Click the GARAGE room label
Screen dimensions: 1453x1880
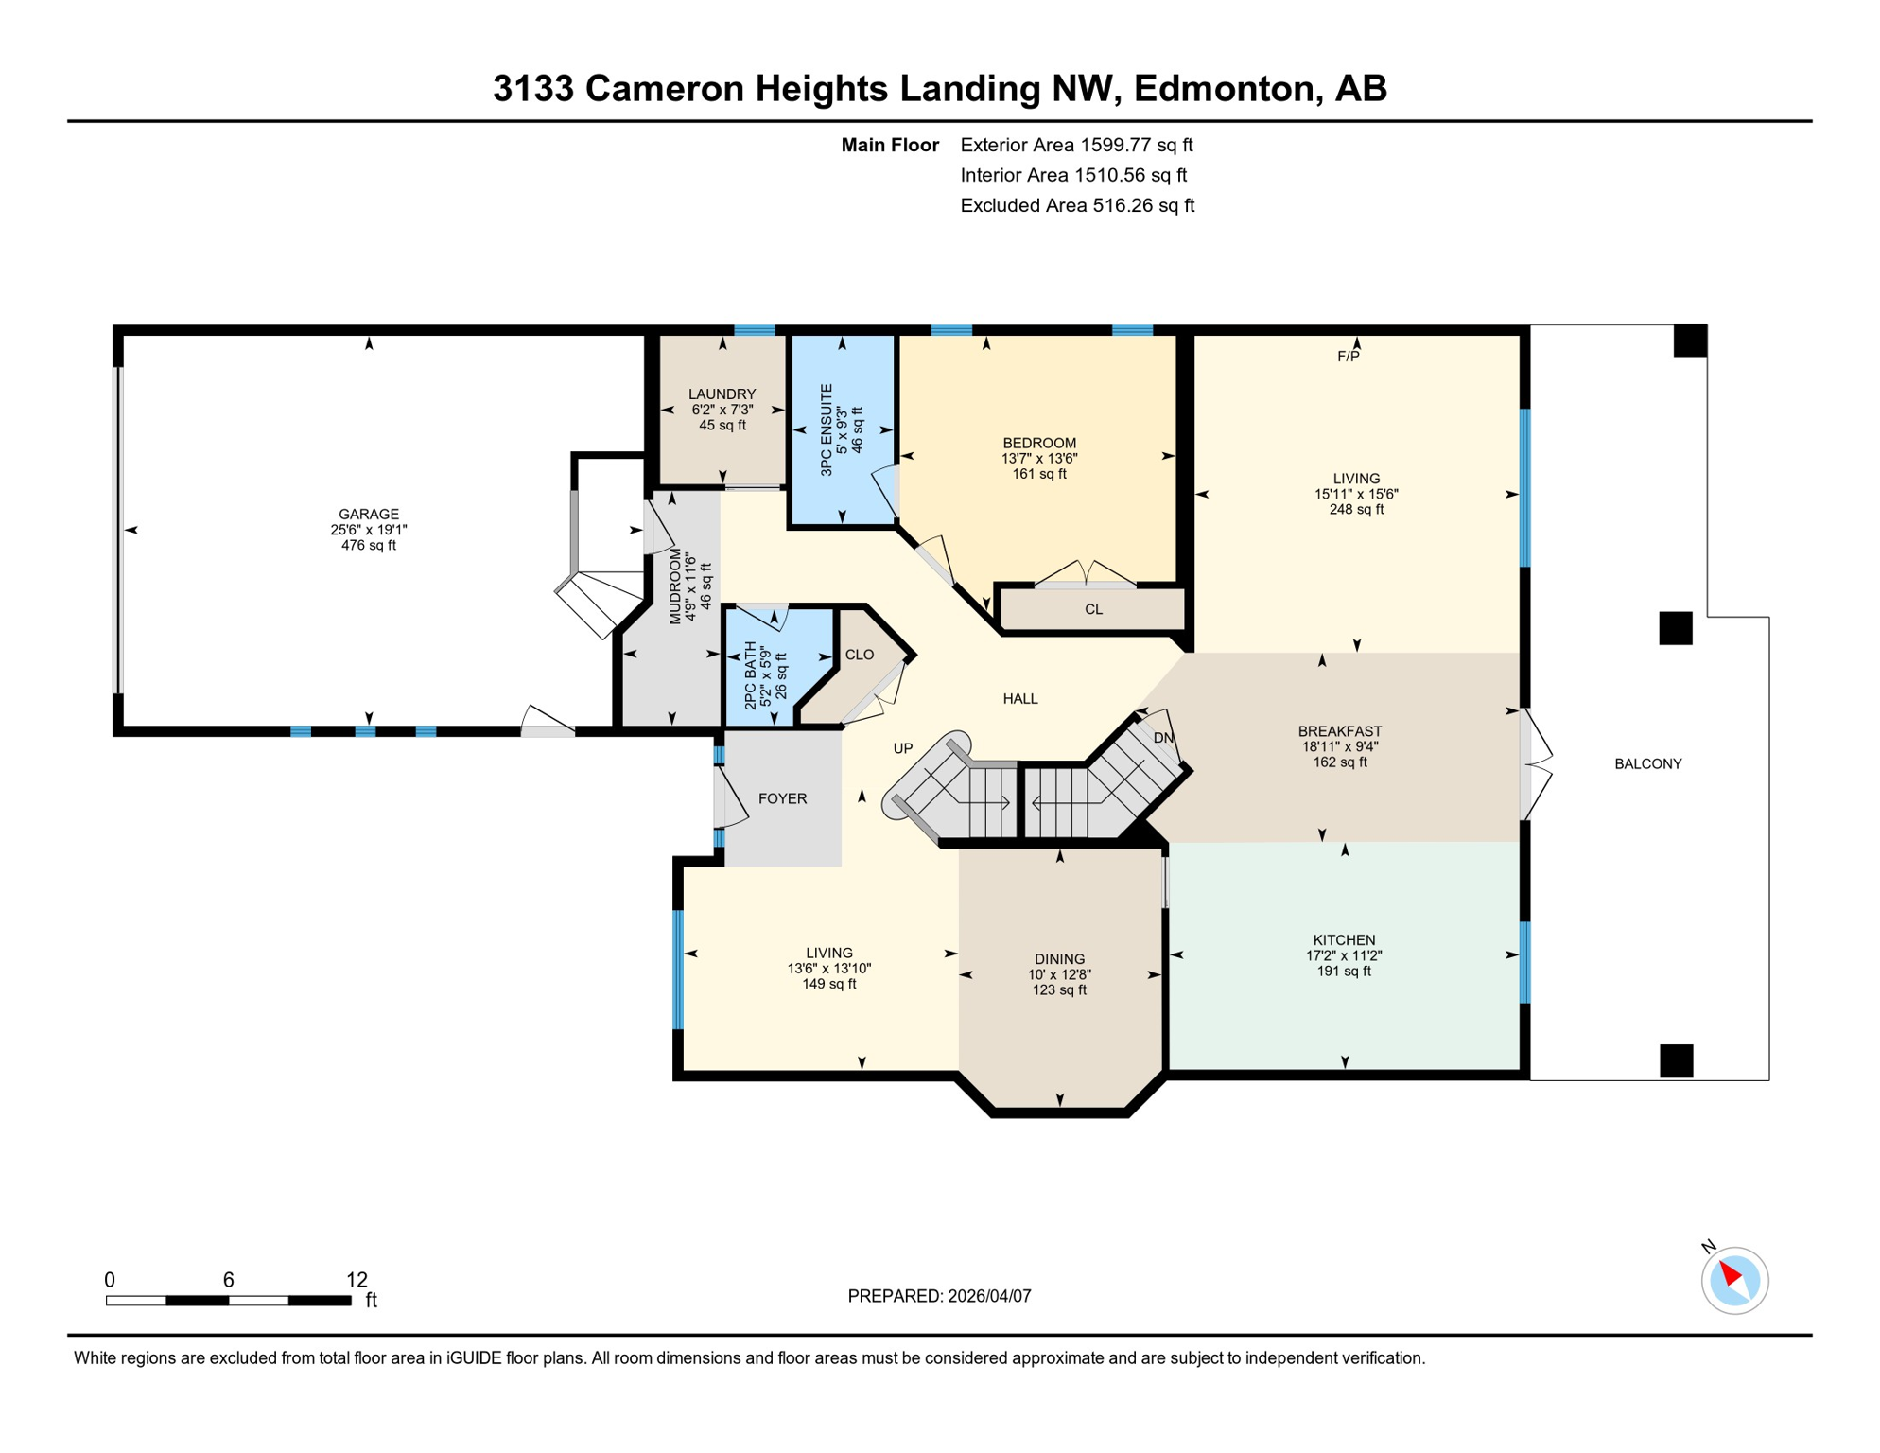tap(368, 514)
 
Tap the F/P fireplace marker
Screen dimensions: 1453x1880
tap(1348, 357)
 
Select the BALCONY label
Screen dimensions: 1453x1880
tap(1647, 763)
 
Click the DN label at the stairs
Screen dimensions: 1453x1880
tap(1163, 738)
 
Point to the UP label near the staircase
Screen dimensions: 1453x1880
tap(903, 748)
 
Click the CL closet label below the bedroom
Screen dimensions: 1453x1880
tap(1093, 609)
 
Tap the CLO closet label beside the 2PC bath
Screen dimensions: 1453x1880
tap(859, 655)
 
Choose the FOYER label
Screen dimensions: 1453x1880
tap(782, 798)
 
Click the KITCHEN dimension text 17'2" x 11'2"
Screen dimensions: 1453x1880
tap(1343, 955)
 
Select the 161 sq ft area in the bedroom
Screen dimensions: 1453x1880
tap(1039, 474)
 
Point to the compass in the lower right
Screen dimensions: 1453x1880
tap(1734, 1280)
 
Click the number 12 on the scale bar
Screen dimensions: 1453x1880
tap(357, 1280)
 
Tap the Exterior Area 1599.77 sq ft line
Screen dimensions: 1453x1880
tap(1076, 145)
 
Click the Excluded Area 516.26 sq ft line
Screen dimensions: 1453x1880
tap(1077, 205)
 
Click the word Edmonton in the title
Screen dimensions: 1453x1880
tap(1224, 88)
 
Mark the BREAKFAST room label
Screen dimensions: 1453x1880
tap(1339, 731)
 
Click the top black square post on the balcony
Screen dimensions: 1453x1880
tap(1689, 341)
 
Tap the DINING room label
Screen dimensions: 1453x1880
tap(1059, 959)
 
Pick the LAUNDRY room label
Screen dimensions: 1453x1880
tap(722, 394)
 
